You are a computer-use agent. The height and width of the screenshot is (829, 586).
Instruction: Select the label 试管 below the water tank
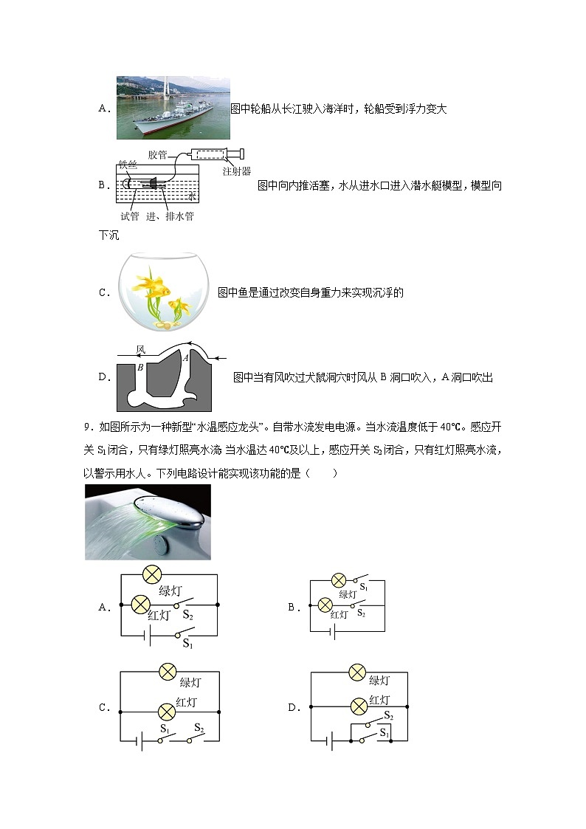129,216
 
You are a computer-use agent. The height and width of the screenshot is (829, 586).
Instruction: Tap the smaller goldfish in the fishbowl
178,304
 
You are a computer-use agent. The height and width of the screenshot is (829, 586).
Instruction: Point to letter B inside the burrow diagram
139,367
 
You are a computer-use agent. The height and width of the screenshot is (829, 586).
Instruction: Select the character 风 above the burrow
141,348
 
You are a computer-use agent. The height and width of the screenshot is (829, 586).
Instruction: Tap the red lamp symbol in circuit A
140,605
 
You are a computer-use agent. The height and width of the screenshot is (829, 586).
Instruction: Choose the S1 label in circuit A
187,644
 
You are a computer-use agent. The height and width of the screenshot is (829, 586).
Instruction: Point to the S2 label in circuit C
198,728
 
